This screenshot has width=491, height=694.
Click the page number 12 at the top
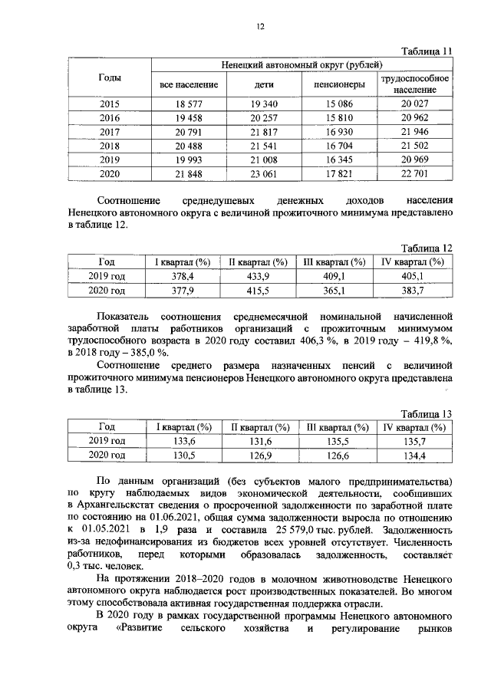(x=260, y=27)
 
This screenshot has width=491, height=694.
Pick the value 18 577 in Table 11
(x=189, y=104)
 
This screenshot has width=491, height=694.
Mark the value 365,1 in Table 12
(x=335, y=291)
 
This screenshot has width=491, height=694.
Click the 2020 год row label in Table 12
(x=107, y=291)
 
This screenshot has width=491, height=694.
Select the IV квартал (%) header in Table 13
(x=414, y=427)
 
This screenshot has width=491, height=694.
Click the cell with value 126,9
(x=259, y=455)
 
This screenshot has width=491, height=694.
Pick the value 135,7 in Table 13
(x=414, y=441)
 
